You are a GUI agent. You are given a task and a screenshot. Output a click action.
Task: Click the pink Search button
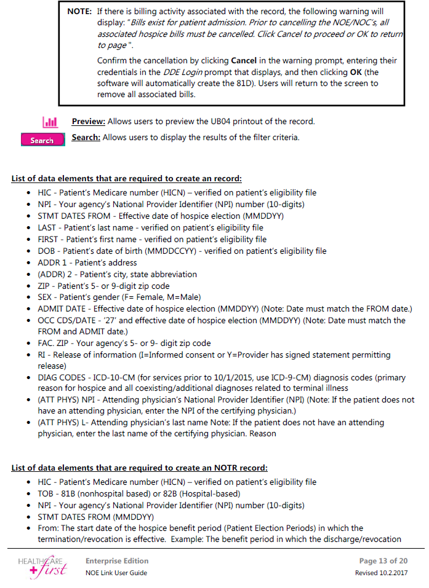pyautogui.click(x=42, y=140)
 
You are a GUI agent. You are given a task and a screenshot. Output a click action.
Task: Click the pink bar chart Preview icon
pyautogui.click(x=50, y=122)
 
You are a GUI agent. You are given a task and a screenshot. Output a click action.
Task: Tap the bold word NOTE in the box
pyautogui.click(x=79, y=12)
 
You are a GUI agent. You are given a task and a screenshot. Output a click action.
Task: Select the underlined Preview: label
pyautogui.click(x=89, y=122)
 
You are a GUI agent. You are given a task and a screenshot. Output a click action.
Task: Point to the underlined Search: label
pyautogui.click(x=86, y=137)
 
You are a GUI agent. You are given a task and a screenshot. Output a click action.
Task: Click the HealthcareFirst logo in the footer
pyautogui.click(x=45, y=566)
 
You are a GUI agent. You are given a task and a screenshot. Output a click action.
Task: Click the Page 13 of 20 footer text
pyautogui.click(x=383, y=561)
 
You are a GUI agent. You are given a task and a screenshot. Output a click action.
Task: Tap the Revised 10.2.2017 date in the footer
pyautogui.click(x=381, y=573)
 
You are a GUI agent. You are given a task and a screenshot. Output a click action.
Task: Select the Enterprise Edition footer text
pyautogui.click(x=117, y=561)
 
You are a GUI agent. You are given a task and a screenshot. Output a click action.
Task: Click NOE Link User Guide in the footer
pyautogui.click(x=116, y=573)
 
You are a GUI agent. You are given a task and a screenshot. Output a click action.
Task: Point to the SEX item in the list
pyautogui.click(x=45, y=297)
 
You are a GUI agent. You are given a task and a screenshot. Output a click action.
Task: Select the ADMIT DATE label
pyautogui.click(x=60, y=308)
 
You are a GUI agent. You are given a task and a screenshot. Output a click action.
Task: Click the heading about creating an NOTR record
pyautogui.click(x=140, y=468)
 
